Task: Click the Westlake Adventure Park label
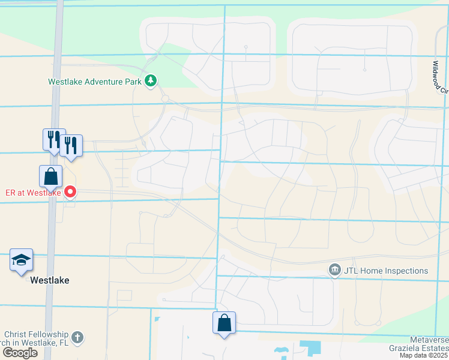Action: point(95,81)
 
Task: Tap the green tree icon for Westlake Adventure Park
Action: point(151,80)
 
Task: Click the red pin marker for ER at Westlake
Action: point(70,192)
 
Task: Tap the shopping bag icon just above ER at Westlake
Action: point(50,177)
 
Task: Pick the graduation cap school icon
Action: point(21,260)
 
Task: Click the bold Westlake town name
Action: point(50,280)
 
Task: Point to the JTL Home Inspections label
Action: point(386,271)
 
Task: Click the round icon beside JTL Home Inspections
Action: point(334,271)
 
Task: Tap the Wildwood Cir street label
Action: point(441,77)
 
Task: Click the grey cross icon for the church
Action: point(77,337)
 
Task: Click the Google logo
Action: point(20,353)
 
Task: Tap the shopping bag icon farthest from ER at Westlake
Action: point(224,323)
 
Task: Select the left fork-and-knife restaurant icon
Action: point(53,140)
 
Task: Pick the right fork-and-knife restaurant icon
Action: point(71,145)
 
